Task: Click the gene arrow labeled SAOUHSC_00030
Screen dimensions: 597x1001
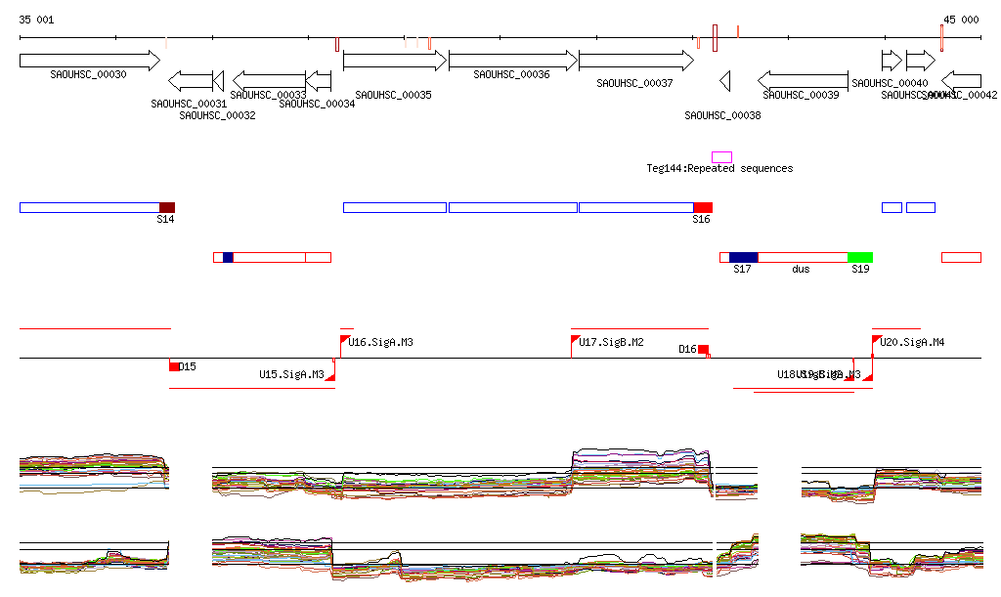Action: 89,61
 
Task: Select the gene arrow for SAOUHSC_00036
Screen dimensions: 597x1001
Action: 512,61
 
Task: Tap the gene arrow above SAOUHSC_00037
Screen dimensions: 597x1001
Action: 635,61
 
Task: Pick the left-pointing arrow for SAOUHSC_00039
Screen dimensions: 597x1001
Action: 803,80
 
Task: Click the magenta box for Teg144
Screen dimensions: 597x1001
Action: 721,157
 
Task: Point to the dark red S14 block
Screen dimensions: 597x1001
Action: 167,207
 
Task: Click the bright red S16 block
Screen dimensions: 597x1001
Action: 702,207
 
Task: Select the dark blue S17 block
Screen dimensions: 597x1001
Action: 743,257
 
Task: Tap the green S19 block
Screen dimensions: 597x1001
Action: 860,257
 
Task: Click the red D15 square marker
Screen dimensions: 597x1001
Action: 174,366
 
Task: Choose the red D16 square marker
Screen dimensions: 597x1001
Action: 703,349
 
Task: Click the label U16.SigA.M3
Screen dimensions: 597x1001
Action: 380,343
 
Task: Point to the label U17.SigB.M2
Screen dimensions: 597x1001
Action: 611,343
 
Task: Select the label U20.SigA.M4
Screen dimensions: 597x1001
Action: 912,343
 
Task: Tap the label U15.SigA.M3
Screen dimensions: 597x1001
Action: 291,374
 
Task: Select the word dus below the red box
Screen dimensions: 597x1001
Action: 801,269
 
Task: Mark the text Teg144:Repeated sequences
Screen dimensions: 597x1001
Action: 719,169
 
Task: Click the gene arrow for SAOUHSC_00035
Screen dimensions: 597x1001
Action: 395,61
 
